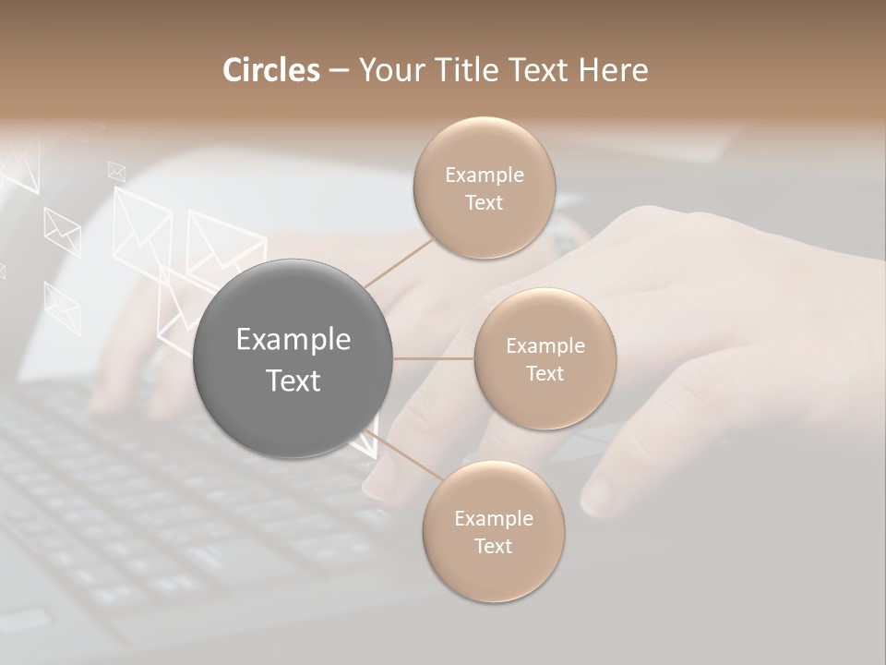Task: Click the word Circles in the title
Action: click(x=271, y=70)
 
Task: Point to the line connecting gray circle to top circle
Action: click(x=399, y=262)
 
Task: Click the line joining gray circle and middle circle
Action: click(x=434, y=358)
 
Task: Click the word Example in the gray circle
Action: click(x=293, y=340)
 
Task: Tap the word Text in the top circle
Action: click(x=484, y=203)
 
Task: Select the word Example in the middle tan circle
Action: click(x=545, y=346)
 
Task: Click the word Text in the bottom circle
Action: click(x=493, y=546)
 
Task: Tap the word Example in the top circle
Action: click(x=484, y=175)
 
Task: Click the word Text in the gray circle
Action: click(x=293, y=381)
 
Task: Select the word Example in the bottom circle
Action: click(x=493, y=518)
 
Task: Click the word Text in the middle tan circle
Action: click(x=545, y=373)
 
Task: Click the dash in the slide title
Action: click(x=338, y=71)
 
